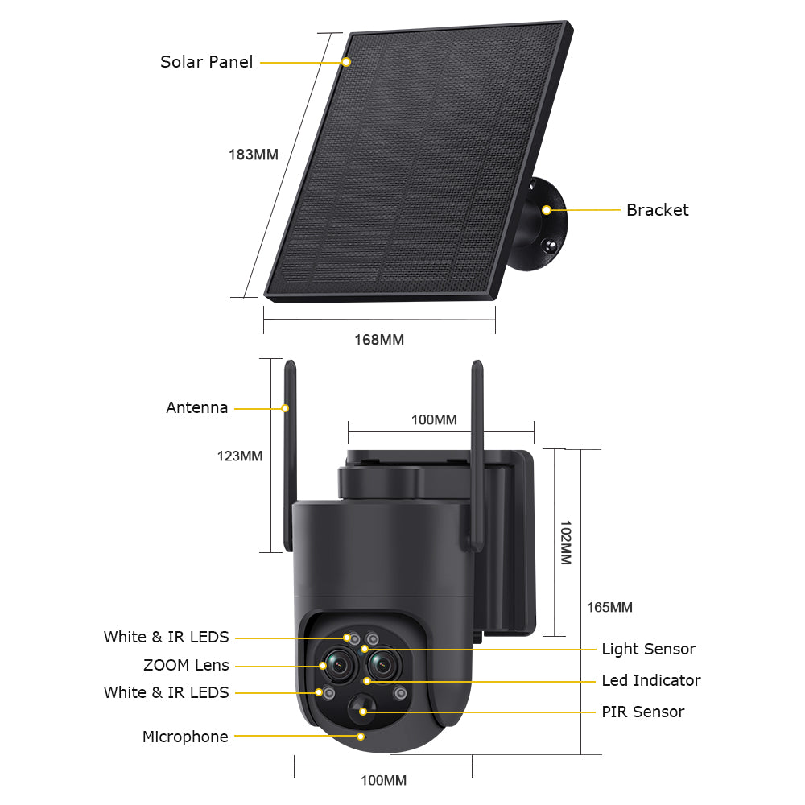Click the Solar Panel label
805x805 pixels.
pyautogui.click(x=206, y=62)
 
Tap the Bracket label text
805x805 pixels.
pyautogui.click(x=657, y=210)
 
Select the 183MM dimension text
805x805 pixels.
pyautogui.click(x=254, y=155)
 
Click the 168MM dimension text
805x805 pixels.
pyautogui.click(x=379, y=340)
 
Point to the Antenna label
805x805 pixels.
pyautogui.click(x=197, y=408)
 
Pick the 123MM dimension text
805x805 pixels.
pyautogui.click(x=239, y=456)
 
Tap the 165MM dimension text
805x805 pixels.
pyautogui.click(x=609, y=608)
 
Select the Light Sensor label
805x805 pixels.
pyautogui.click(x=648, y=649)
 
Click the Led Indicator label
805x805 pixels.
pyautogui.click(x=650, y=680)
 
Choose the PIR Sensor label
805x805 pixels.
pyautogui.click(x=642, y=712)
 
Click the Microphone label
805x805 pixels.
pyautogui.click(x=185, y=737)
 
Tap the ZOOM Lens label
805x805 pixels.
pyautogui.click(x=186, y=666)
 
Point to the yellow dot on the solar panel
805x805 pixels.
pyautogui.click(x=346, y=62)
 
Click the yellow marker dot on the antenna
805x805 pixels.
pyautogui.click(x=285, y=408)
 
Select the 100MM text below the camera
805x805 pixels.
pyautogui.click(x=383, y=780)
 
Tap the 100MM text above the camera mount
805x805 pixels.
pyautogui.click(x=434, y=419)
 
